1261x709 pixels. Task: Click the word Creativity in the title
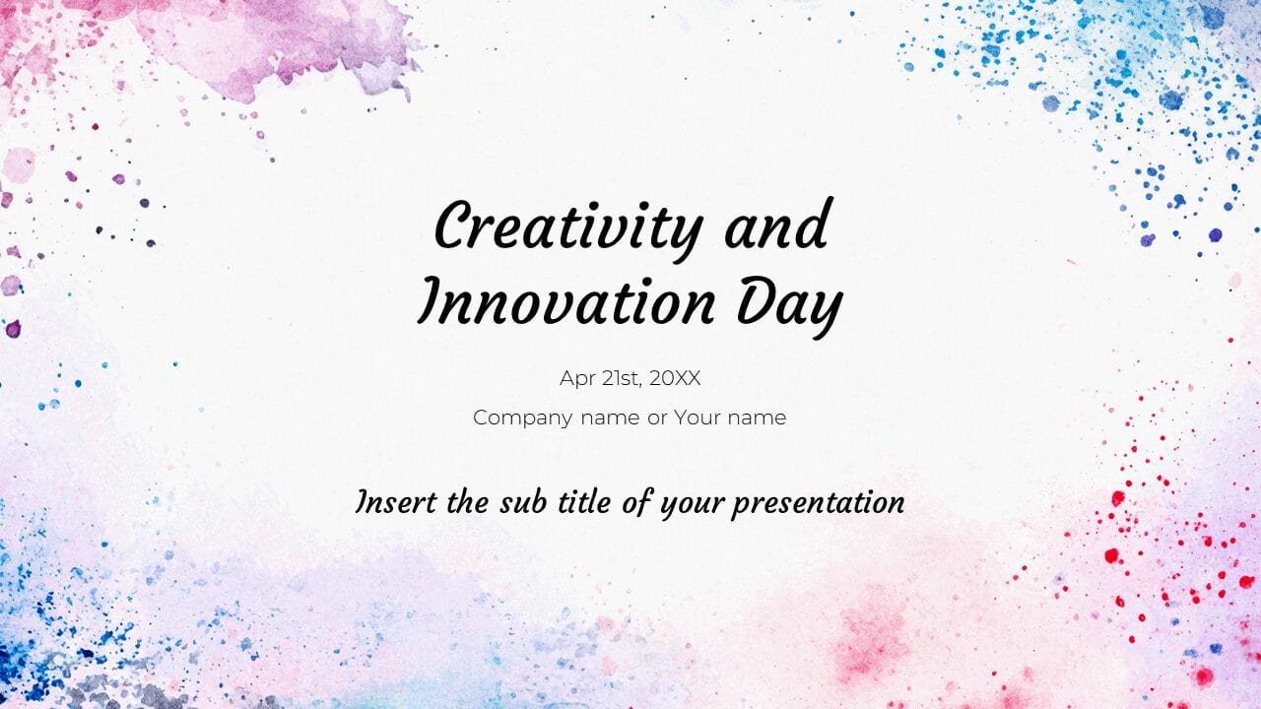[567, 227]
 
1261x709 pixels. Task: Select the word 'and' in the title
[775, 227]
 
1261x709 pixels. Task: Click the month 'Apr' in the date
[577, 379]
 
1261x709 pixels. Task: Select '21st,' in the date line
[622, 378]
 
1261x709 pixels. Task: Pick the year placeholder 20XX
[675, 378]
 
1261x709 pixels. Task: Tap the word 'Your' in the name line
[697, 418]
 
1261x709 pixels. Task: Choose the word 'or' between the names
[656, 418]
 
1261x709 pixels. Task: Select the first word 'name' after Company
[610, 418]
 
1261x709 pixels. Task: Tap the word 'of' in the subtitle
[637, 502]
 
